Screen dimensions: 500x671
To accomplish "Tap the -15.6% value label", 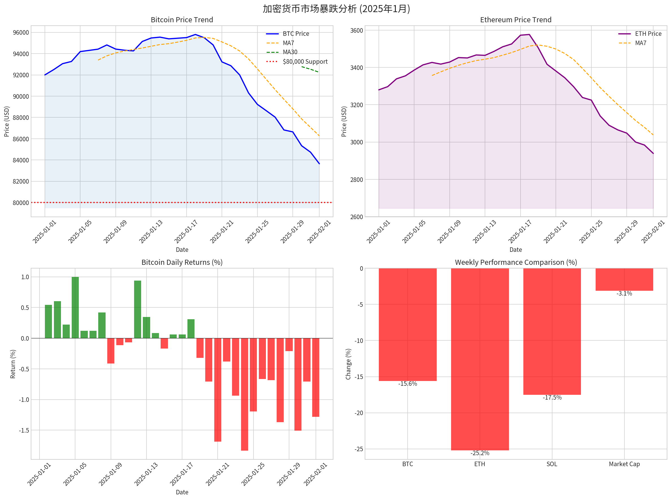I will [x=407, y=384].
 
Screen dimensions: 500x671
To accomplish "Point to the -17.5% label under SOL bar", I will [x=552, y=397].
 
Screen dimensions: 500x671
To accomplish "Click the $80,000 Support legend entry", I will [x=305, y=61].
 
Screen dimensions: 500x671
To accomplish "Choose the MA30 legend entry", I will [x=290, y=52].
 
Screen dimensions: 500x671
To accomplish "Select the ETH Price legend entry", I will [x=648, y=34].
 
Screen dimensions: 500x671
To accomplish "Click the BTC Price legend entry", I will [x=296, y=34].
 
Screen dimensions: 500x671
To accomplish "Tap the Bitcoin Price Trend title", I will [x=182, y=20].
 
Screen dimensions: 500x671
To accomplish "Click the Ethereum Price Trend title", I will [x=515, y=20].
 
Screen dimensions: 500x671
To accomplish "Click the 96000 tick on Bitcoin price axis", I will [x=21, y=32].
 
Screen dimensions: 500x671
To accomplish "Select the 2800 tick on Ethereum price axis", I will [x=356, y=179].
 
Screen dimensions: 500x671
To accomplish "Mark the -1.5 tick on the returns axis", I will [x=24, y=430].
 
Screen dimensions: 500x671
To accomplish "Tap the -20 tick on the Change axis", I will [x=359, y=413].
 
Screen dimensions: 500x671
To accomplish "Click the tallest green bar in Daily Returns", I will [x=75, y=307].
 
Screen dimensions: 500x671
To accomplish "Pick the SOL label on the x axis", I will [x=552, y=464].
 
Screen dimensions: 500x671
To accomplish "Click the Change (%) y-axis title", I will [x=348, y=364].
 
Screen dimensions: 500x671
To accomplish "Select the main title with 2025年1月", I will [x=336, y=8].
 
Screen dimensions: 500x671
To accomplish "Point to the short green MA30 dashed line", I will [x=310, y=69].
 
